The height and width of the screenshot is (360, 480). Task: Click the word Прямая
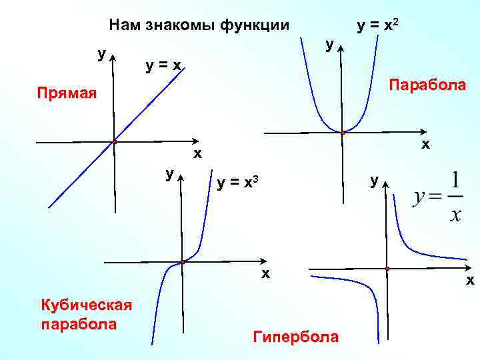[x=66, y=93]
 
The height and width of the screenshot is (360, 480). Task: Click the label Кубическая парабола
[x=86, y=315]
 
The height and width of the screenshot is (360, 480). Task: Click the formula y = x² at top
[x=379, y=25]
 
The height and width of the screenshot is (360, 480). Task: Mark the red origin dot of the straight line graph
[x=115, y=142]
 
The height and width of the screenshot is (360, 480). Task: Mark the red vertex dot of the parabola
[x=342, y=133]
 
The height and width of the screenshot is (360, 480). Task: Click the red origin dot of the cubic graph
[x=181, y=262]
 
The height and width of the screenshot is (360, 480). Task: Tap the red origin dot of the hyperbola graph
[x=387, y=269]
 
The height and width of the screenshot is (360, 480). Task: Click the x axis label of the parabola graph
[x=425, y=144]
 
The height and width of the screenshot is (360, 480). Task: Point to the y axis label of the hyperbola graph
[x=375, y=179]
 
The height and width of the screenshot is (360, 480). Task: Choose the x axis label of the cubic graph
[x=265, y=273]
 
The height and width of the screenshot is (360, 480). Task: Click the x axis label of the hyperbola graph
[x=469, y=281]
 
